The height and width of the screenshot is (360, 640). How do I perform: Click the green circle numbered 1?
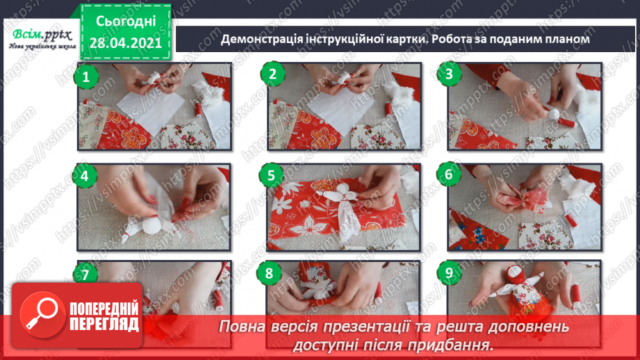point(85,76)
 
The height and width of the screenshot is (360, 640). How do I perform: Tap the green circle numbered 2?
point(272,74)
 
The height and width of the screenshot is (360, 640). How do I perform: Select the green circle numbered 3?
point(450,74)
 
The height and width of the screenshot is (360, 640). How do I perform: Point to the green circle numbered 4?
point(85,176)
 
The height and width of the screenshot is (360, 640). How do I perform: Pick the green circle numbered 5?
point(272,176)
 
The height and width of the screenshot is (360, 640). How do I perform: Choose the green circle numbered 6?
point(449,174)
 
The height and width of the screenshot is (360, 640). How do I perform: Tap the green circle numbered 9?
point(449,272)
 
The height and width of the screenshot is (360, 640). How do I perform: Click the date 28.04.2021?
point(126,43)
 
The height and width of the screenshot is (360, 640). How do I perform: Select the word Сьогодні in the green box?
point(126,22)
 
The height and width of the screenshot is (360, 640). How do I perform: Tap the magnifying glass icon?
point(42,315)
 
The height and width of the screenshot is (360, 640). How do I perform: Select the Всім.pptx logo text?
point(42,35)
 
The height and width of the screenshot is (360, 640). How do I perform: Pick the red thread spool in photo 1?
point(198,109)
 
